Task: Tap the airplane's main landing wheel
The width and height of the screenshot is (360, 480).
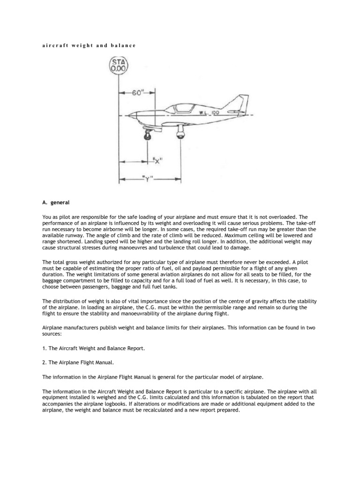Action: [180, 135]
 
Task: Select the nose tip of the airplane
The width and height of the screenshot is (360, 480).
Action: [130, 114]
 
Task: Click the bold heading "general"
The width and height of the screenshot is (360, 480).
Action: [60, 202]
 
